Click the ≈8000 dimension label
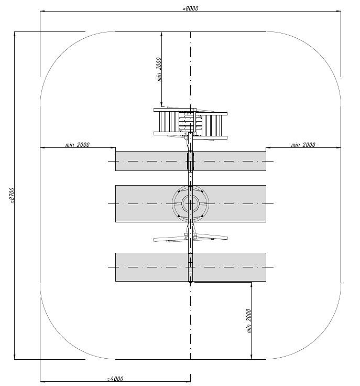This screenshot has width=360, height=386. tap(190, 8)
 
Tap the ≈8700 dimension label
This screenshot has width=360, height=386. tap(12, 196)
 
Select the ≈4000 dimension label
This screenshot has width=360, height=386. tap(115, 378)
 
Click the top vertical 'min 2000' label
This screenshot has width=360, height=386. tap(159, 69)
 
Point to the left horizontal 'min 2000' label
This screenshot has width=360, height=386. tap(77, 145)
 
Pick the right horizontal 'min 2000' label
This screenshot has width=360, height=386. tap(303, 145)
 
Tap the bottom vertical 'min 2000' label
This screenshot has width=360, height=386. tap(249, 321)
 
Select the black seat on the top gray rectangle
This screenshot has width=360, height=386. tap(190, 161)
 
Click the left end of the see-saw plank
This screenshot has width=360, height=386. tap(155, 240)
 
